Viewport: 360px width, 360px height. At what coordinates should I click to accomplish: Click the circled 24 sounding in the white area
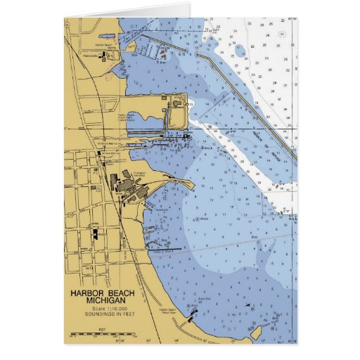(x=281, y=34)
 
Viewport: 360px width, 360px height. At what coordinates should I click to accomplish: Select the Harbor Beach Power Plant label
(x=127, y=117)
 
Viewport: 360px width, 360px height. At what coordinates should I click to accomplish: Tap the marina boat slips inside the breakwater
(x=152, y=51)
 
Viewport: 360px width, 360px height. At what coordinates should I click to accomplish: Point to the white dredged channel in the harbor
(x=246, y=158)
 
